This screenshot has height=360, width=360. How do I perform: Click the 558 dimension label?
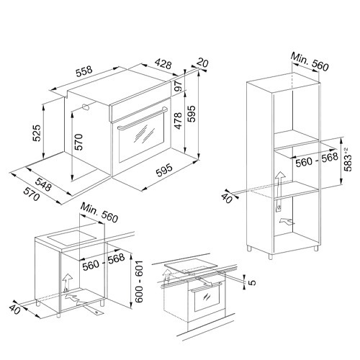(84, 71)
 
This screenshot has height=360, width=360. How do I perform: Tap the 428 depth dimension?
(163, 63)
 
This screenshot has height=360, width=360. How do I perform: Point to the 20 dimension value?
(202, 63)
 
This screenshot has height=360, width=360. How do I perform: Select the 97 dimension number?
(179, 86)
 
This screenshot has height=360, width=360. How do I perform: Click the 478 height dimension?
(179, 121)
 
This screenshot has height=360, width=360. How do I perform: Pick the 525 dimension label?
(37, 132)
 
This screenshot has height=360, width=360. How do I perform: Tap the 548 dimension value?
(43, 184)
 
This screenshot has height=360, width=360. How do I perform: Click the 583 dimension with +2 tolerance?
(348, 159)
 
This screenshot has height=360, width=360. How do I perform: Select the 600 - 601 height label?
(139, 282)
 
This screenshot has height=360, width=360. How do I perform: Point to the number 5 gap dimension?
(252, 282)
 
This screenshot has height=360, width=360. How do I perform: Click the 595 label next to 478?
(192, 114)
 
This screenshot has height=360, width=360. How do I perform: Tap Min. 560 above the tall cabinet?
(310, 62)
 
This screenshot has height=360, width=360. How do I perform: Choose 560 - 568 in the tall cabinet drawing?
(317, 160)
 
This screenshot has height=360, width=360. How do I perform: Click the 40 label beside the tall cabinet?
(227, 198)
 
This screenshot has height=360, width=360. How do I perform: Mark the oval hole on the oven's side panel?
(85, 107)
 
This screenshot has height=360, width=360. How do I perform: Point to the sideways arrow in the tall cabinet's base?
(287, 222)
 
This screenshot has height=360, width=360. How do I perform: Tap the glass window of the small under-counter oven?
(207, 298)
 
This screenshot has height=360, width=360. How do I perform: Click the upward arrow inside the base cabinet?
(68, 283)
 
